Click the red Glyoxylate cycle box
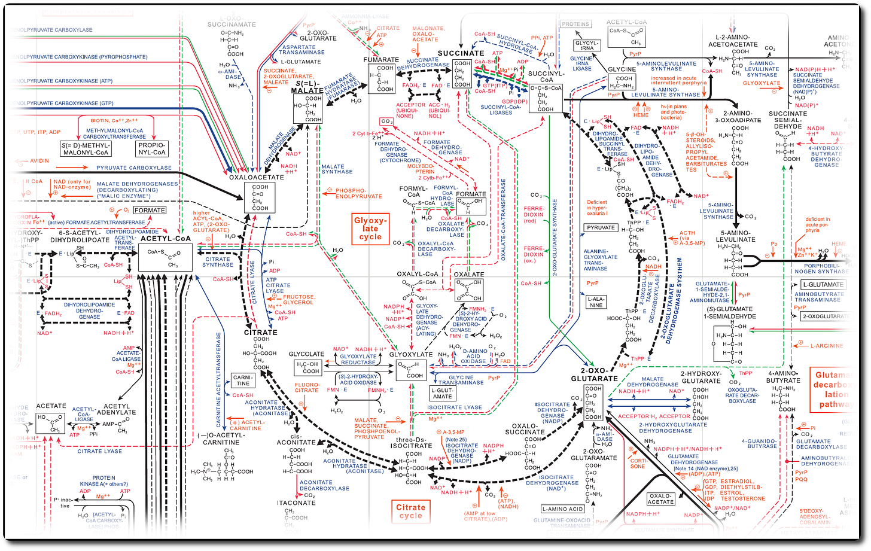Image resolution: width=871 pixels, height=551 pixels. click(x=370, y=227)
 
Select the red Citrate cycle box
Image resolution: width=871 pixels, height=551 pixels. click(x=410, y=512)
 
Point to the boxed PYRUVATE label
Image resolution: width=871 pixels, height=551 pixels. click(x=601, y=227)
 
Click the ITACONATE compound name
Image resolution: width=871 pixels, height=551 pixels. click(x=296, y=503)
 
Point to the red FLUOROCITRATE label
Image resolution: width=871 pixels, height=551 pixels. click(x=307, y=386)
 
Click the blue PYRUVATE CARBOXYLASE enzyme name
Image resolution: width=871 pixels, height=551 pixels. click(x=134, y=168)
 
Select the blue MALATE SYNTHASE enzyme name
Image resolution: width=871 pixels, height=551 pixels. click(x=337, y=169)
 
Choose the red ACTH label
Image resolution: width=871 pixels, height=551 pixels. click(x=687, y=233)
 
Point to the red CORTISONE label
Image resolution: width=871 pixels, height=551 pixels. click(x=637, y=462)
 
